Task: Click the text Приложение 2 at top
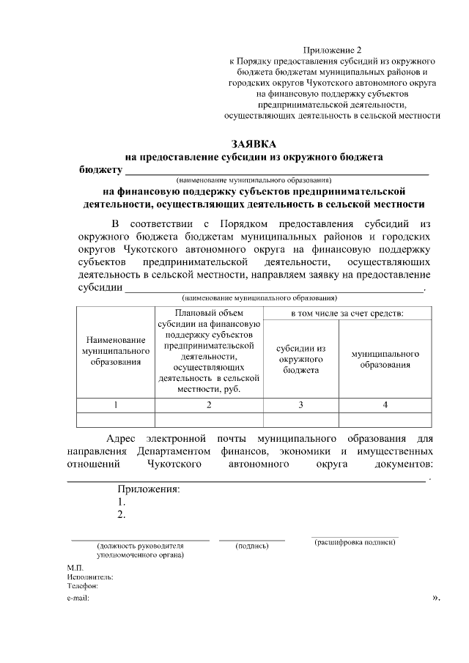click(x=333, y=50)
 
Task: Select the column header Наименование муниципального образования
click(x=112, y=351)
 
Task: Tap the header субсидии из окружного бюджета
click(x=300, y=359)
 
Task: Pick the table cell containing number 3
click(x=300, y=404)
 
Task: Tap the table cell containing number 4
click(x=385, y=404)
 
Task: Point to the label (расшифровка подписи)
click(x=355, y=543)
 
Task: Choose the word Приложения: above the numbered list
click(x=148, y=489)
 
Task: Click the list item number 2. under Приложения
click(x=122, y=514)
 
